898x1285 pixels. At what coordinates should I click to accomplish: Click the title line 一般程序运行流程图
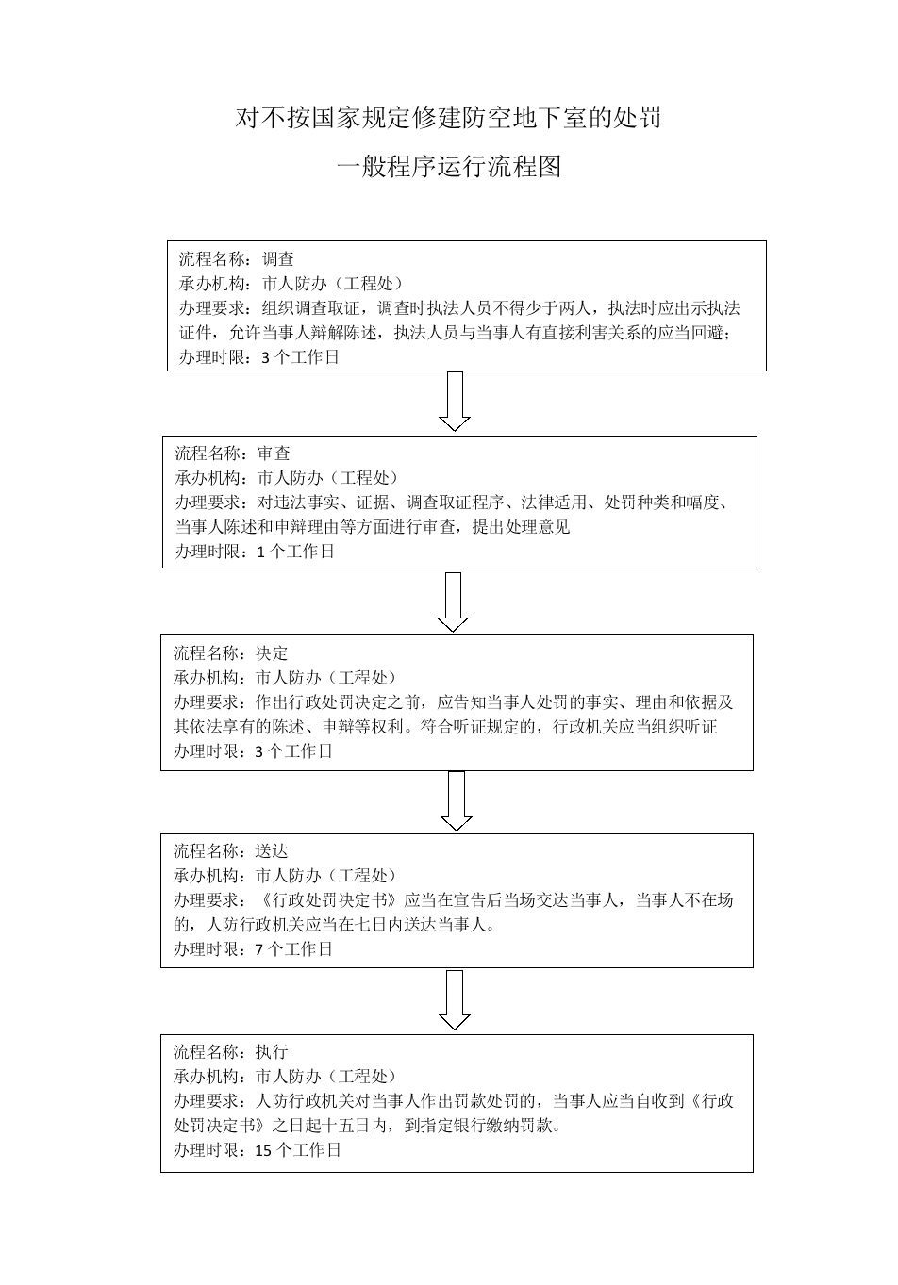449,166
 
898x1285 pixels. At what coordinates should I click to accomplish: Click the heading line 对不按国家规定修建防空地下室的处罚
449,118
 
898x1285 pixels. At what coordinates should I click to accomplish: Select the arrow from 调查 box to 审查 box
455,401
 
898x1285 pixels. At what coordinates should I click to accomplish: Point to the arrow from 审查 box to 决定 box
453,601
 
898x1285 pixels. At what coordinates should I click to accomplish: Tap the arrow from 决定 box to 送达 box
457,800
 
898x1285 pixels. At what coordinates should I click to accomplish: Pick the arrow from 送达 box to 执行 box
455,1000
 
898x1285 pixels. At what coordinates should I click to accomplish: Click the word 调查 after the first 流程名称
278,259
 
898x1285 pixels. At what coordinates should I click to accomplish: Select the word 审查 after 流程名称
274,453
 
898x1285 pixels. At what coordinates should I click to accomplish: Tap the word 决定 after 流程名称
272,652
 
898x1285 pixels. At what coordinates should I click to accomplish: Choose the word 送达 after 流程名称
272,850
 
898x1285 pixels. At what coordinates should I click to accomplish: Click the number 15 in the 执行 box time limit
263,1150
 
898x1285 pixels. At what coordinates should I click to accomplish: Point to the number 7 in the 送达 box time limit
258,949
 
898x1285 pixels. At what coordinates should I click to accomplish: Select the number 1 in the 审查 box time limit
261,552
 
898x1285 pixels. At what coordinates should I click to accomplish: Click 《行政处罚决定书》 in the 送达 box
329,900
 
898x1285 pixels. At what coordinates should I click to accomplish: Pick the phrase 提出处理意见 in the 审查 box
521,527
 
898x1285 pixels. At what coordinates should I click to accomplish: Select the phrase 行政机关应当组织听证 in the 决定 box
635,727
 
